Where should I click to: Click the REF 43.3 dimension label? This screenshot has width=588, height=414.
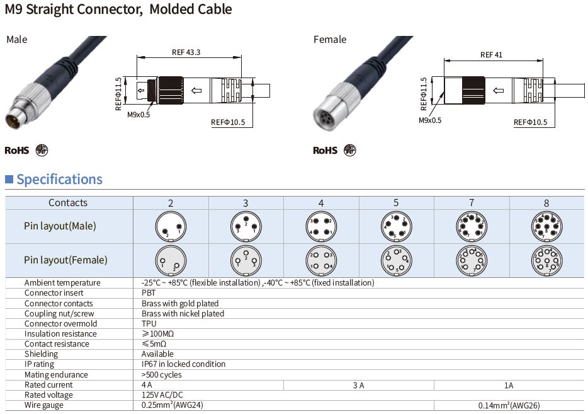(186, 52)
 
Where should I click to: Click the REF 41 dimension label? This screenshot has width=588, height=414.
(491, 55)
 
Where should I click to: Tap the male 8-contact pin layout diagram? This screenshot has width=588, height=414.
(546, 226)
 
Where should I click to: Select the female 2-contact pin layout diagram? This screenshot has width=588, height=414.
(171, 260)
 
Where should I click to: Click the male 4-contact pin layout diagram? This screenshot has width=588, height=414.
(321, 226)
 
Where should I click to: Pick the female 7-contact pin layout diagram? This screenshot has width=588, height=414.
(471, 260)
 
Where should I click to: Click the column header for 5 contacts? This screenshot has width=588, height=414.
(396, 202)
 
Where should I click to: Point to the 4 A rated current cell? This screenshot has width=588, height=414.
(147, 385)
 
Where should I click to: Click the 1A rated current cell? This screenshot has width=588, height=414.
(509, 385)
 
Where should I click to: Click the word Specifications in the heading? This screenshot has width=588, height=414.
(59, 180)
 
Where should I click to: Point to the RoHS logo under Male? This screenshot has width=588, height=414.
(17, 151)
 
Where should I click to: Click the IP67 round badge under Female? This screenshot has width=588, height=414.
(349, 151)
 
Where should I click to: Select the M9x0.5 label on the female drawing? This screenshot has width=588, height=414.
(430, 120)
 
